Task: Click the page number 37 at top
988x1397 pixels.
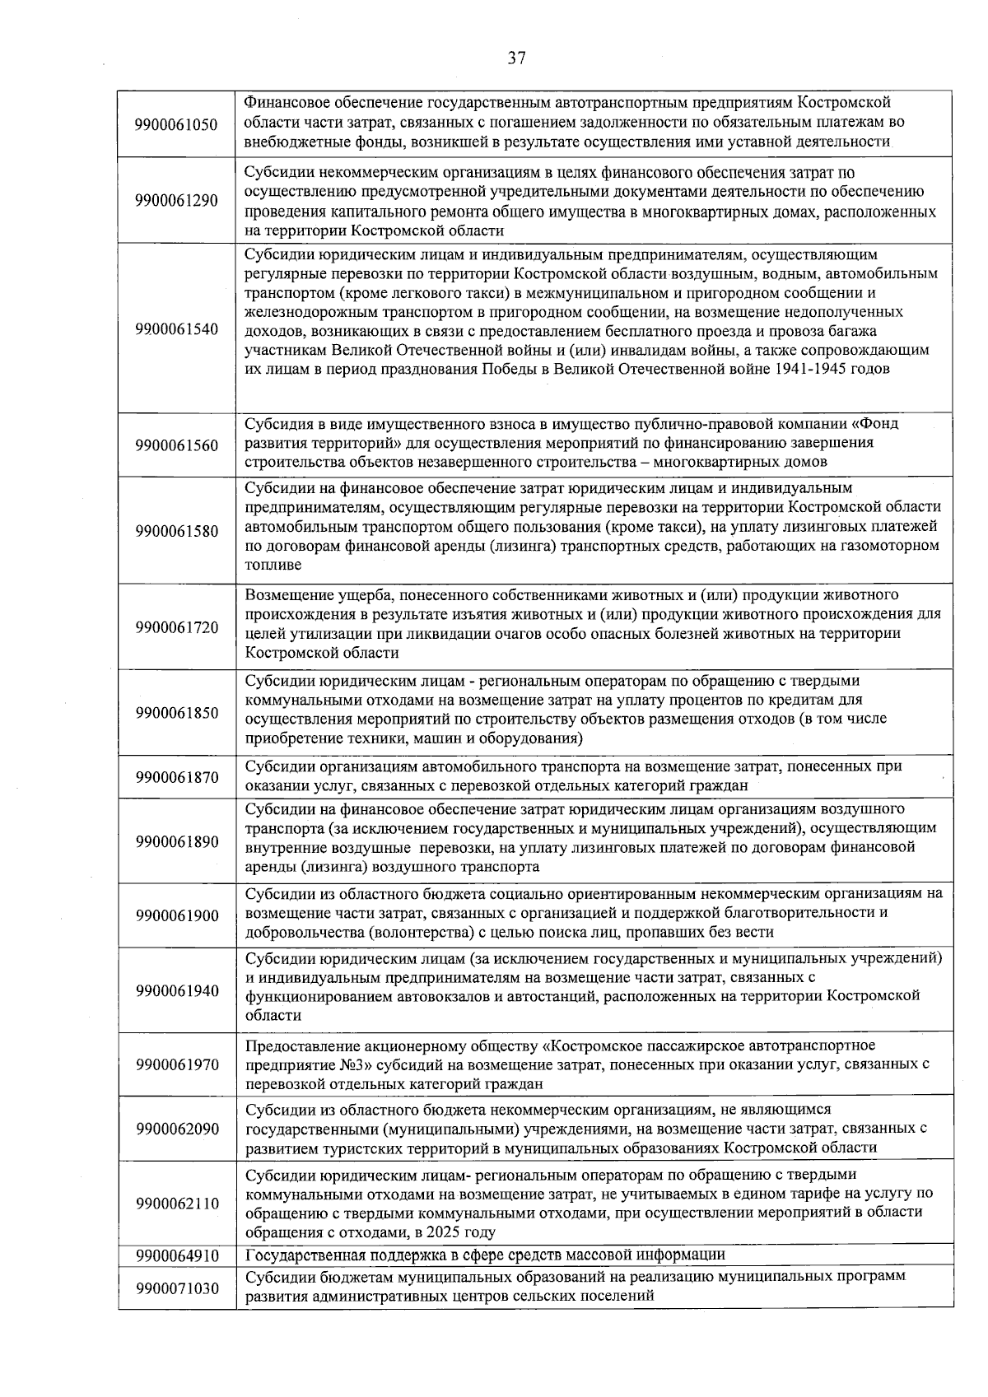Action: (516, 58)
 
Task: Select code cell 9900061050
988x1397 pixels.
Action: (177, 125)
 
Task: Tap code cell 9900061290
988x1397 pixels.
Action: (177, 202)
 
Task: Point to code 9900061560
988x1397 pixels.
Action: (177, 446)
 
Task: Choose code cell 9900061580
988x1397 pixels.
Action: (177, 531)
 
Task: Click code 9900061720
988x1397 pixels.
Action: (177, 627)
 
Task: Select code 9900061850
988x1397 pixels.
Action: (177, 713)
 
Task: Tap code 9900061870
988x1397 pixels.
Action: (177, 777)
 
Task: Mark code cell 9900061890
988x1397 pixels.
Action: (177, 841)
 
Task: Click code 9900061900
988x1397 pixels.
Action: (177, 916)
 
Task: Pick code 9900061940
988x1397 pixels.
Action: (177, 991)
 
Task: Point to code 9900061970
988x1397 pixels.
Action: (177, 1065)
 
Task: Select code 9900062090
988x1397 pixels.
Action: (177, 1129)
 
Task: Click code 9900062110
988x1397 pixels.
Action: (177, 1204)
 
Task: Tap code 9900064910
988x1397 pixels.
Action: (177, 1256)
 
